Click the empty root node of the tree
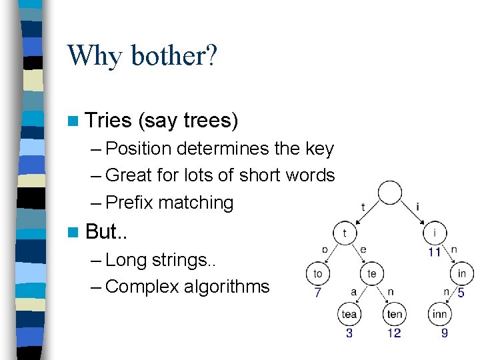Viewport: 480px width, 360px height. coord(390,192)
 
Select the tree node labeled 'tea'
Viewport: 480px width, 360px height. coord(349,313)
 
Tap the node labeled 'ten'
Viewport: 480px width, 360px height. coord(394,313)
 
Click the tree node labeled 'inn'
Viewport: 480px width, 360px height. coord(439,313)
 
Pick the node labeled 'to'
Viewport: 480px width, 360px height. coord(318,274)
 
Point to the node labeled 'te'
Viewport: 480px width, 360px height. coord(371,274)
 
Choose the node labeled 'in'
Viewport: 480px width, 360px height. coord(461,274)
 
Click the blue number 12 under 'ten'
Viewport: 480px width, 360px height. coord(394,332)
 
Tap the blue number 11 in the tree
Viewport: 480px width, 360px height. coord(435,252)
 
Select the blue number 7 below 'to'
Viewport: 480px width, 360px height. coord(318,292)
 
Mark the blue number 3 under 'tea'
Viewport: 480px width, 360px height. coord(349,332)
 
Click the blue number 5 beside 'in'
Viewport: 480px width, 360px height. coord(461,292)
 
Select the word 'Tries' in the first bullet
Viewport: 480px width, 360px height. coord(109,121)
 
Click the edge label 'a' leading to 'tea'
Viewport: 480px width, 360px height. coord(354,291)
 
